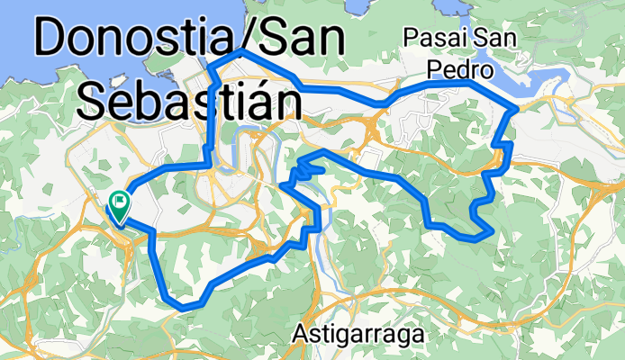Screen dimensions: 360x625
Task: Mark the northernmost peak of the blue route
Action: [x=240, y=53]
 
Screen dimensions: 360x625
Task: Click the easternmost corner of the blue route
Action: [x=514, y=108]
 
